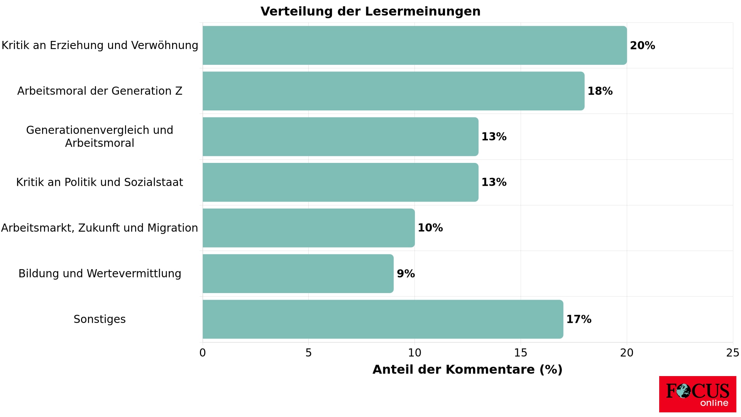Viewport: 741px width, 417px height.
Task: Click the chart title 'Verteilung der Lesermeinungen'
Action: point(370,12)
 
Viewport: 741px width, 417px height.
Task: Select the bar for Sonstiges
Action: point(383,319)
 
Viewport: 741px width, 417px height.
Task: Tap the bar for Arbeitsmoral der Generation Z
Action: point(393,91)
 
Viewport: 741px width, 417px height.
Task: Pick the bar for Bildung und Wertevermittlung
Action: point(298,274)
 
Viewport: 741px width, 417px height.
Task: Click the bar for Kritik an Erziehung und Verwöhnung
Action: point(414,46)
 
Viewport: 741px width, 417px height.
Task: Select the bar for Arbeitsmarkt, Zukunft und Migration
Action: point(309,228)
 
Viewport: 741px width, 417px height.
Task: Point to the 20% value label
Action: point(642,46)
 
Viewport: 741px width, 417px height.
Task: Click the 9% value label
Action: point(406,274)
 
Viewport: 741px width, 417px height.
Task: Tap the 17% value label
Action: point(579,319)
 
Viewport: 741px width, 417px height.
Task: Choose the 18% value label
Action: point(600,91)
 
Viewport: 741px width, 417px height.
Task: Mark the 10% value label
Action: point(430,228)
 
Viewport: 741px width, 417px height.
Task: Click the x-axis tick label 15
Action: point(521,353)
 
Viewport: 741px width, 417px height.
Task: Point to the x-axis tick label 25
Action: point(732,353)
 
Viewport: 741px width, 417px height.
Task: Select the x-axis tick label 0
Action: point(203,353)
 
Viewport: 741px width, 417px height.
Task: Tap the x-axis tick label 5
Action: point(308,353)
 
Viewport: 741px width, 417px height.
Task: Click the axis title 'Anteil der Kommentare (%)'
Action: point(467,370)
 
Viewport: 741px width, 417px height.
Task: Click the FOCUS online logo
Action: point(697,394)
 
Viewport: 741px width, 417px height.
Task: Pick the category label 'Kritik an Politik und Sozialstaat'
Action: point(100,182)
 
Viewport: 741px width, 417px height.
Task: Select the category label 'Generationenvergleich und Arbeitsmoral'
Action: point(100,137)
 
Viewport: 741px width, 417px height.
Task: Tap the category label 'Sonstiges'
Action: point(100,319)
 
